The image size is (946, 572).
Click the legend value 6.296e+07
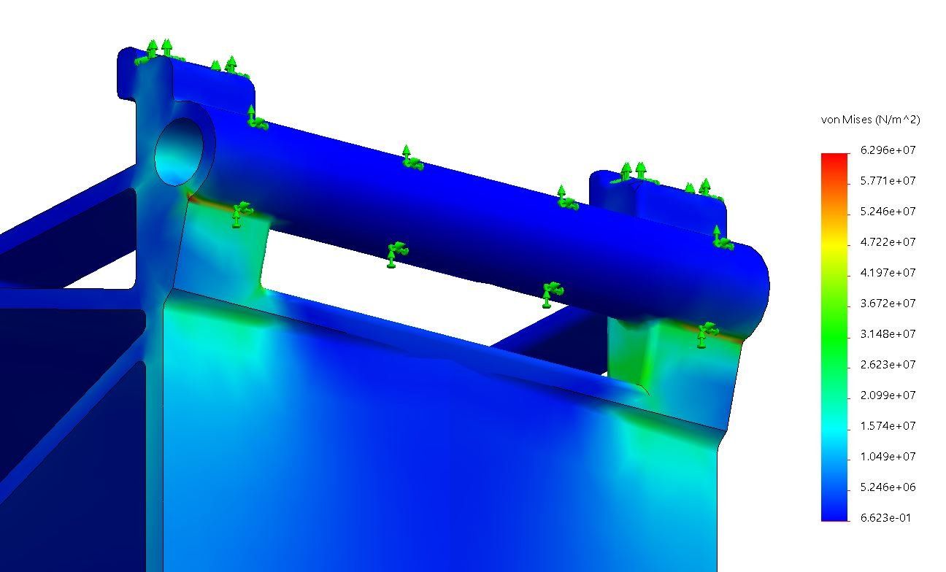[x=888, y=150]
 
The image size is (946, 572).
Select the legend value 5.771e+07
[x=888, y=181]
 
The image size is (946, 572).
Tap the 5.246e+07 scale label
[x=888, y=211]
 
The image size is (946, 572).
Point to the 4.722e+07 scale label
[x=888, y=242]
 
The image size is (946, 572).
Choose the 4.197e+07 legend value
[x=888, y=272]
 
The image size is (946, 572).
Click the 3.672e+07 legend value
[x=888, y=303]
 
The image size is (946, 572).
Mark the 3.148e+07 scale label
[x=888, y=334]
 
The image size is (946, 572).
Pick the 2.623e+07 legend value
[x=888, y=364]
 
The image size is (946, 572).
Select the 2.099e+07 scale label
[x=888, y=395]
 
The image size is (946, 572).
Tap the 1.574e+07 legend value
[x=888, y=425]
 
